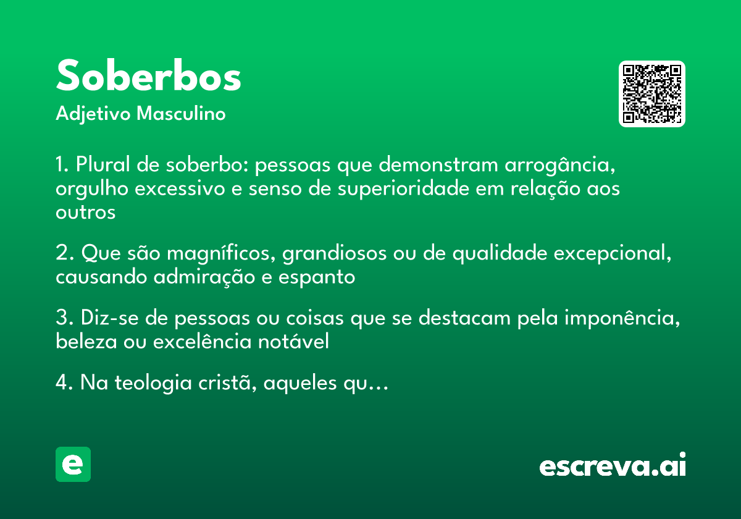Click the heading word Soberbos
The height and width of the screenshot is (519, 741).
coord(148,77)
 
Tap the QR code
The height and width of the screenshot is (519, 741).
coord(652,94)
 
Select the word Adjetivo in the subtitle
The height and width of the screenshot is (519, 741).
coord(93,114)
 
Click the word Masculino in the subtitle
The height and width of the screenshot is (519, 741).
coord(181,114)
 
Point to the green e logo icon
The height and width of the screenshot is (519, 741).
coord(73,464)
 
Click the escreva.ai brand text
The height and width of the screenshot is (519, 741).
coord(613,466)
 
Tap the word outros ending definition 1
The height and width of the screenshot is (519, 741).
coord(85,213)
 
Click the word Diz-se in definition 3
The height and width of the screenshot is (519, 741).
coord(104,318)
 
